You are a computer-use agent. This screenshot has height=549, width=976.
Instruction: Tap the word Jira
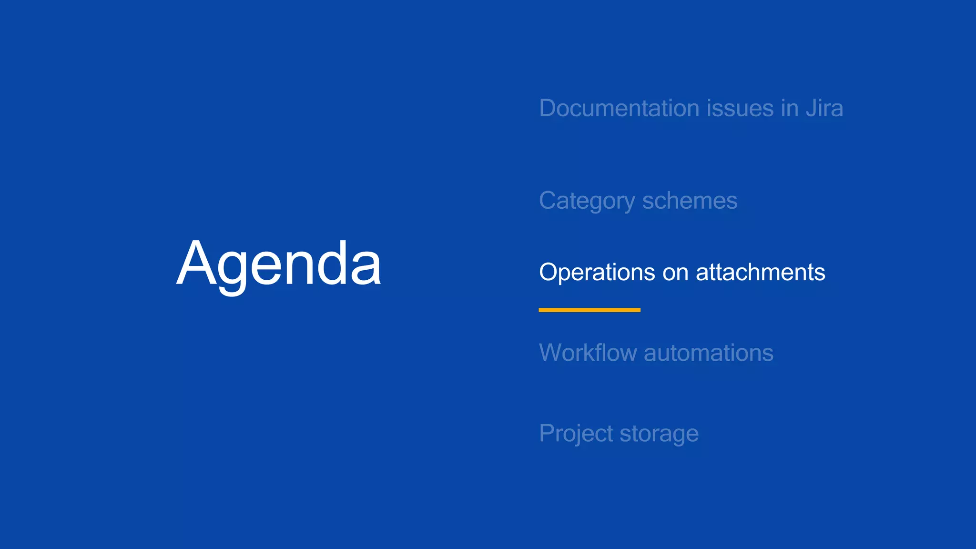[824, 108]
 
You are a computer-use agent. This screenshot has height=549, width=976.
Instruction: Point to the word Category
[587, 201]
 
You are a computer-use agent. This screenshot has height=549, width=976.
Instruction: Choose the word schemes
[690, 201]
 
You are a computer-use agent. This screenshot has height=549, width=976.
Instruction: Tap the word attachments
[760, 272]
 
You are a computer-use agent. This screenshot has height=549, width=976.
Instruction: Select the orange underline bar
[590, 310]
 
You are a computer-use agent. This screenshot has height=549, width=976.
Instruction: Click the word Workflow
[588, 353]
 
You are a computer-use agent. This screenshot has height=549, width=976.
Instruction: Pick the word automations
[708, 353]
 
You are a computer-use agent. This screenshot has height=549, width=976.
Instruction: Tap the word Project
[576, 434]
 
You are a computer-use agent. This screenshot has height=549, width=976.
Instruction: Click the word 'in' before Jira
[790, 108]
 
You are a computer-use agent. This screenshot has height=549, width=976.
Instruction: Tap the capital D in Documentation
[549, 108]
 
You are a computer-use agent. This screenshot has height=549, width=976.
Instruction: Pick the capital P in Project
[547, 433]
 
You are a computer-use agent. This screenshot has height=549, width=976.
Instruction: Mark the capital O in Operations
[549, 272]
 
